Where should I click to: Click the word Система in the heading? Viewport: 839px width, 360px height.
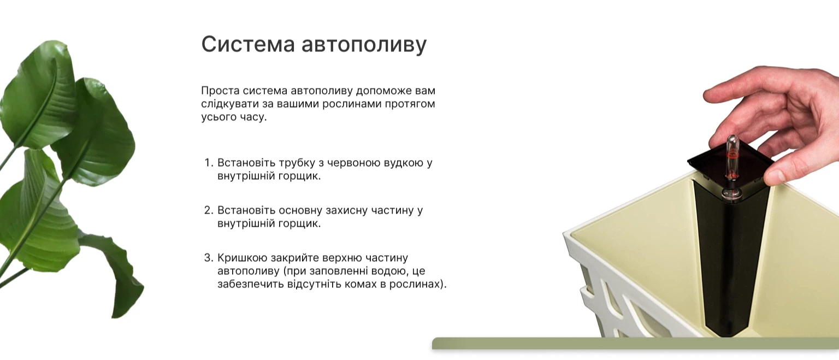(248, 44)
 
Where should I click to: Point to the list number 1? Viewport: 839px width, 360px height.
(209, 163)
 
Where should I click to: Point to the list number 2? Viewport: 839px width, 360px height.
(209, 210)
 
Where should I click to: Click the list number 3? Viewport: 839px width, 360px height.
(209, 258)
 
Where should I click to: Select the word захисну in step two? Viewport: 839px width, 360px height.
(347, 211)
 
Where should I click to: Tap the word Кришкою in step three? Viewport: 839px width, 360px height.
(242, 258)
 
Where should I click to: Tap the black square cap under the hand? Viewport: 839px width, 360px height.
(731, 169)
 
